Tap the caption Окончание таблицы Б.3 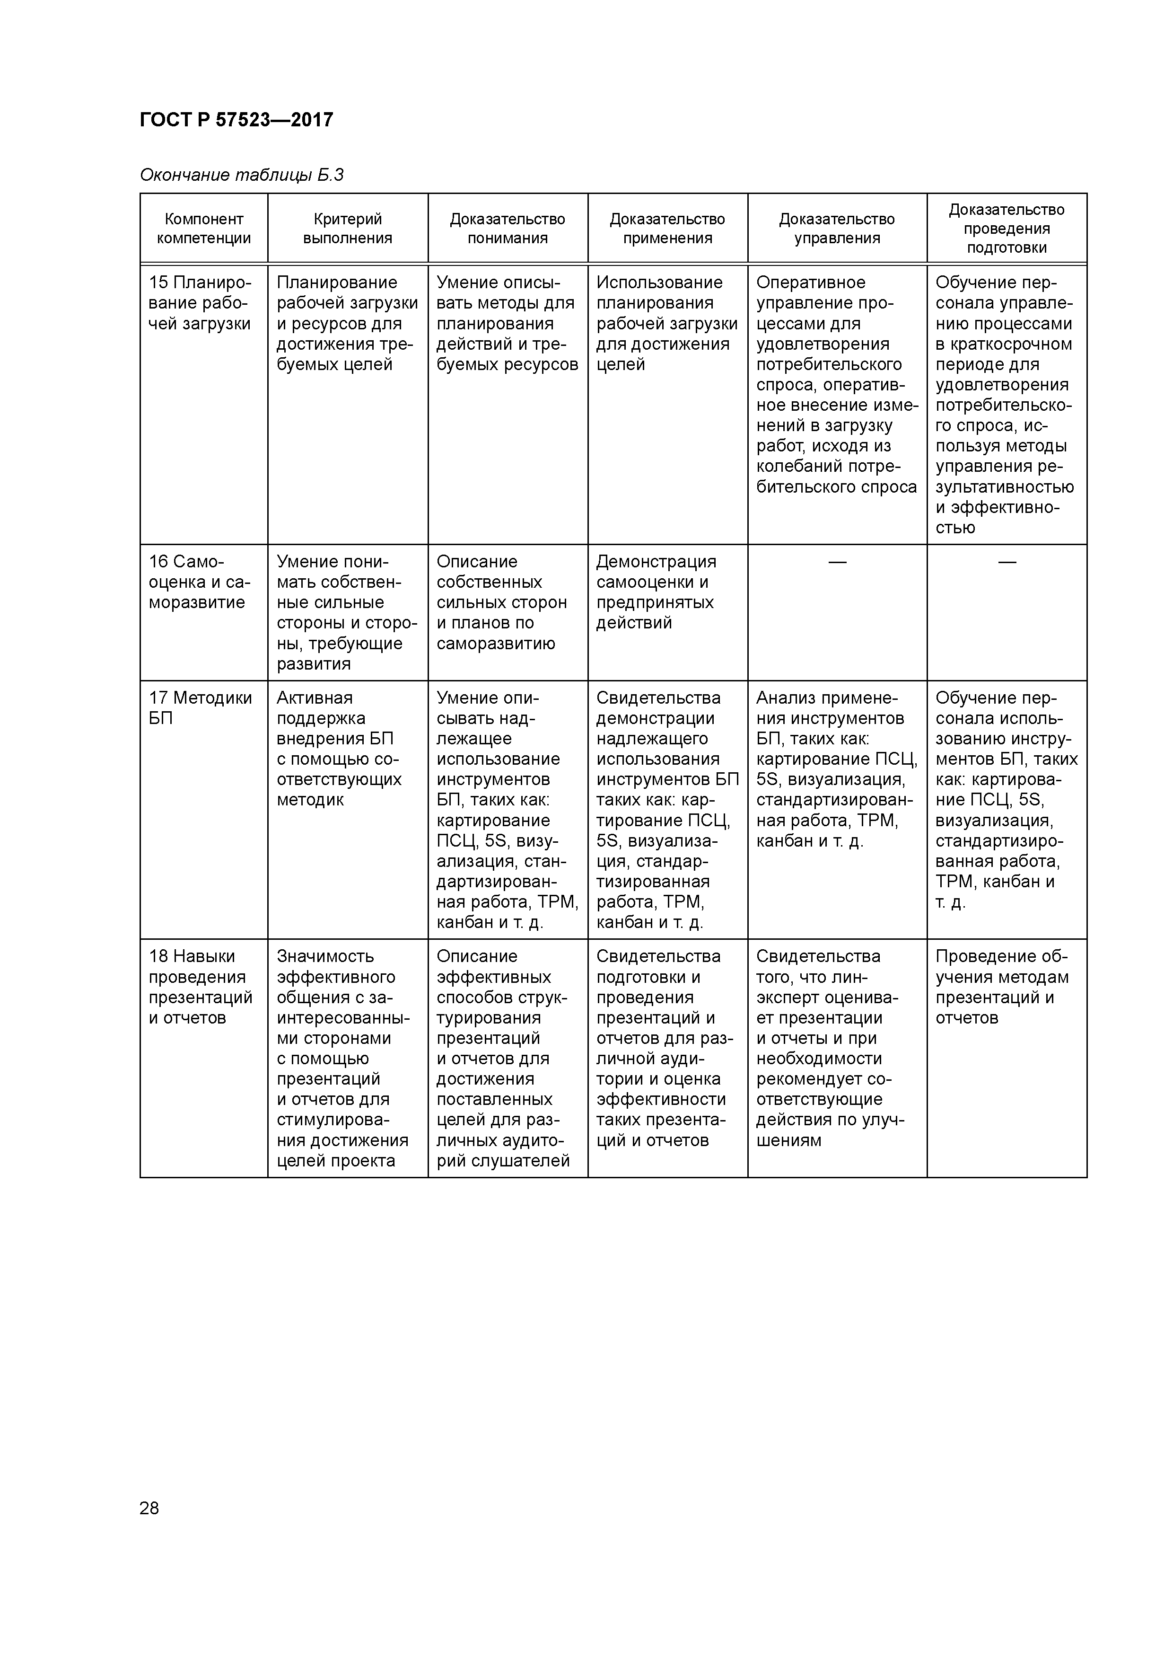click(241, 175)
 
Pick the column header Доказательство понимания click(508, 229)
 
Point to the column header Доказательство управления click(837, 229)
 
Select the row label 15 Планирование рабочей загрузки click(200, 303)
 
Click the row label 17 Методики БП click(200, 708)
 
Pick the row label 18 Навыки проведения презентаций click(200, 987)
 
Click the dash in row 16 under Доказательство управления click(837, 562)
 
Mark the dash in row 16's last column click(1007, 562)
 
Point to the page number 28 click(149, 1508)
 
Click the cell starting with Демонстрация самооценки click(656, 592)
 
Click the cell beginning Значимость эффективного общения click(342, 1059)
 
